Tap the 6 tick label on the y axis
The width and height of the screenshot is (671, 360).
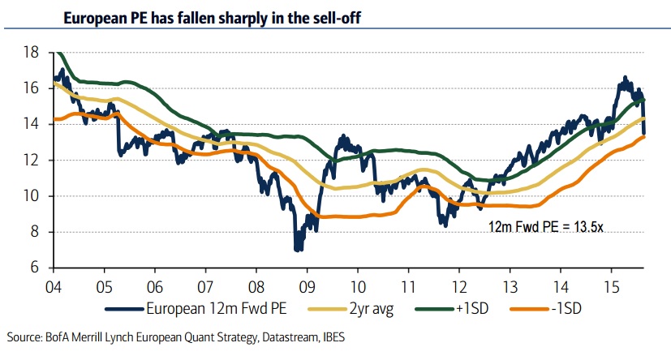coord(35,268)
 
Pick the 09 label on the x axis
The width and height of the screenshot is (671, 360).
coord(307,285)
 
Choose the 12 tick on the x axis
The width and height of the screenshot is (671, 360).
coord(458,285)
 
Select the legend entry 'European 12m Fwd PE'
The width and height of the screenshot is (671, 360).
coord(206,308)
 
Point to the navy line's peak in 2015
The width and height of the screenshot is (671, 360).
coord(624,78)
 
